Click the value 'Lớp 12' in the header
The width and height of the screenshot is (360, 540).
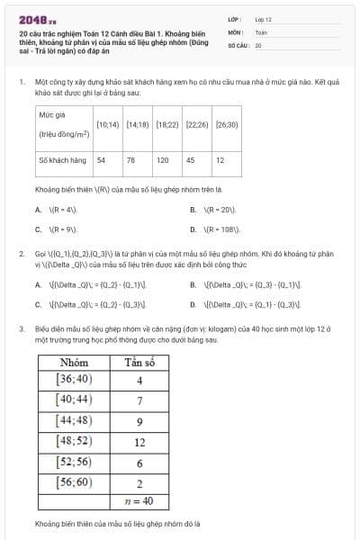point(264,19)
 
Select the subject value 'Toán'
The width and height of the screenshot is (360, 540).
point(261,31)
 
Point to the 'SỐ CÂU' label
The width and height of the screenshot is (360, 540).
point(237,44)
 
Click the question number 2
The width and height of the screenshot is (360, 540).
point(20,255)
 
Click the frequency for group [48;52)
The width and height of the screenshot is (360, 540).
point(139,442)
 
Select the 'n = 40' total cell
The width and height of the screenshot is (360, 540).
point(139,501)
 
